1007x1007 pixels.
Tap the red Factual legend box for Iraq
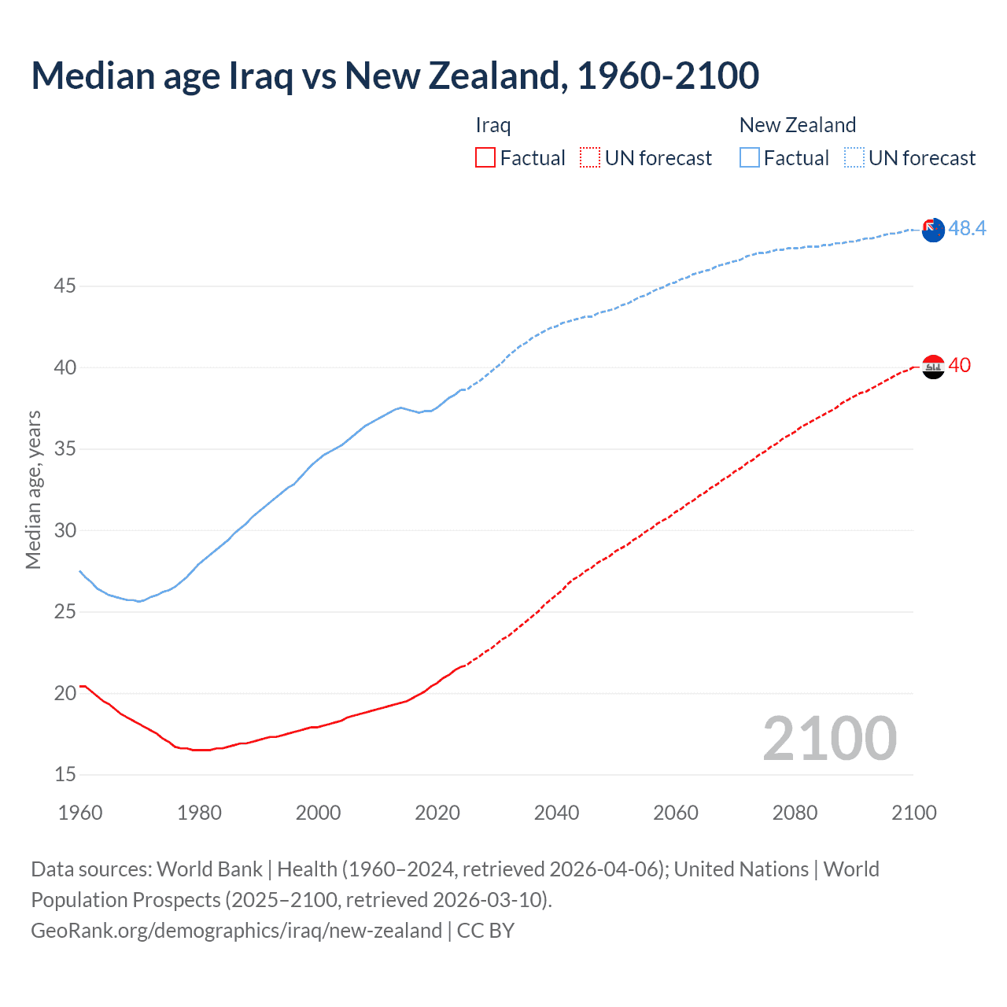tap(485, 158)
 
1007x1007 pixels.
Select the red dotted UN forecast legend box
tap(590, 158)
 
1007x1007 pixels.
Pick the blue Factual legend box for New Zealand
tap(750, 158)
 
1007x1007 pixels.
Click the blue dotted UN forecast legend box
tap(854, 158)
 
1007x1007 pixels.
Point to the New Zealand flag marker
tap(933, 231)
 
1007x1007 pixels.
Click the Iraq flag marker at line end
tap(933, 367)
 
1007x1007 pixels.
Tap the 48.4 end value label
tap(967, 228)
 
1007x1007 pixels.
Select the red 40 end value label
tap(960, 365)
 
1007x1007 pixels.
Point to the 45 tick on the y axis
tap(65, 286)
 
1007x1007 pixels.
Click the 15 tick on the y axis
tap(65, 775)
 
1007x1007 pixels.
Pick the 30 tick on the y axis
tap(65, 530)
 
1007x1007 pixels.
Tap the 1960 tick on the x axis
tap(80, 813)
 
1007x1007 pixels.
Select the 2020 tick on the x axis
tap(437, 813)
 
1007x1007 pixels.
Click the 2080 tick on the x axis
tap(795, 813)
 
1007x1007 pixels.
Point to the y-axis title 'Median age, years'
tap(33, 489)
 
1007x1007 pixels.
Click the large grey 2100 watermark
tap(829, 738)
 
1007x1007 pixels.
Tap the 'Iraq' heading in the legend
tap(493, 125)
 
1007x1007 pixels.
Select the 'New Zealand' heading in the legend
tap(797, 125)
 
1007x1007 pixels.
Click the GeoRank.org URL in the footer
tap(236, 931)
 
